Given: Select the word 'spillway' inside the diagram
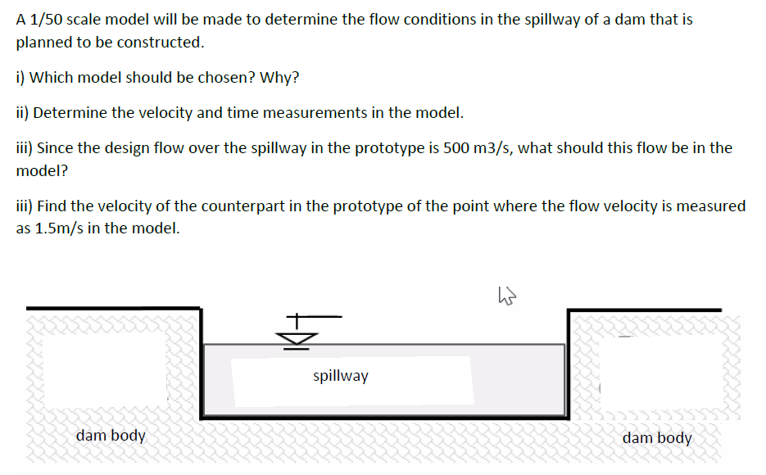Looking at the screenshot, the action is pyautogui.click(x=341, y=376).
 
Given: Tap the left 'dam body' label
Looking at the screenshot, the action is pyautogui.click(x=111, y=435).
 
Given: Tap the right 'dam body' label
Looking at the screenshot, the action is pyautogui.click(x=657, y=437).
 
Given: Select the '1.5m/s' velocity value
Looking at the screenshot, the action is pyautogui.click(x=60, y=228).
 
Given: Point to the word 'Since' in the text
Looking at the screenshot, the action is pyautogui.click(x=56, y=148).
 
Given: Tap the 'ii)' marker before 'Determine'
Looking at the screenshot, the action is pyautogui.click(x=23, y=113).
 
